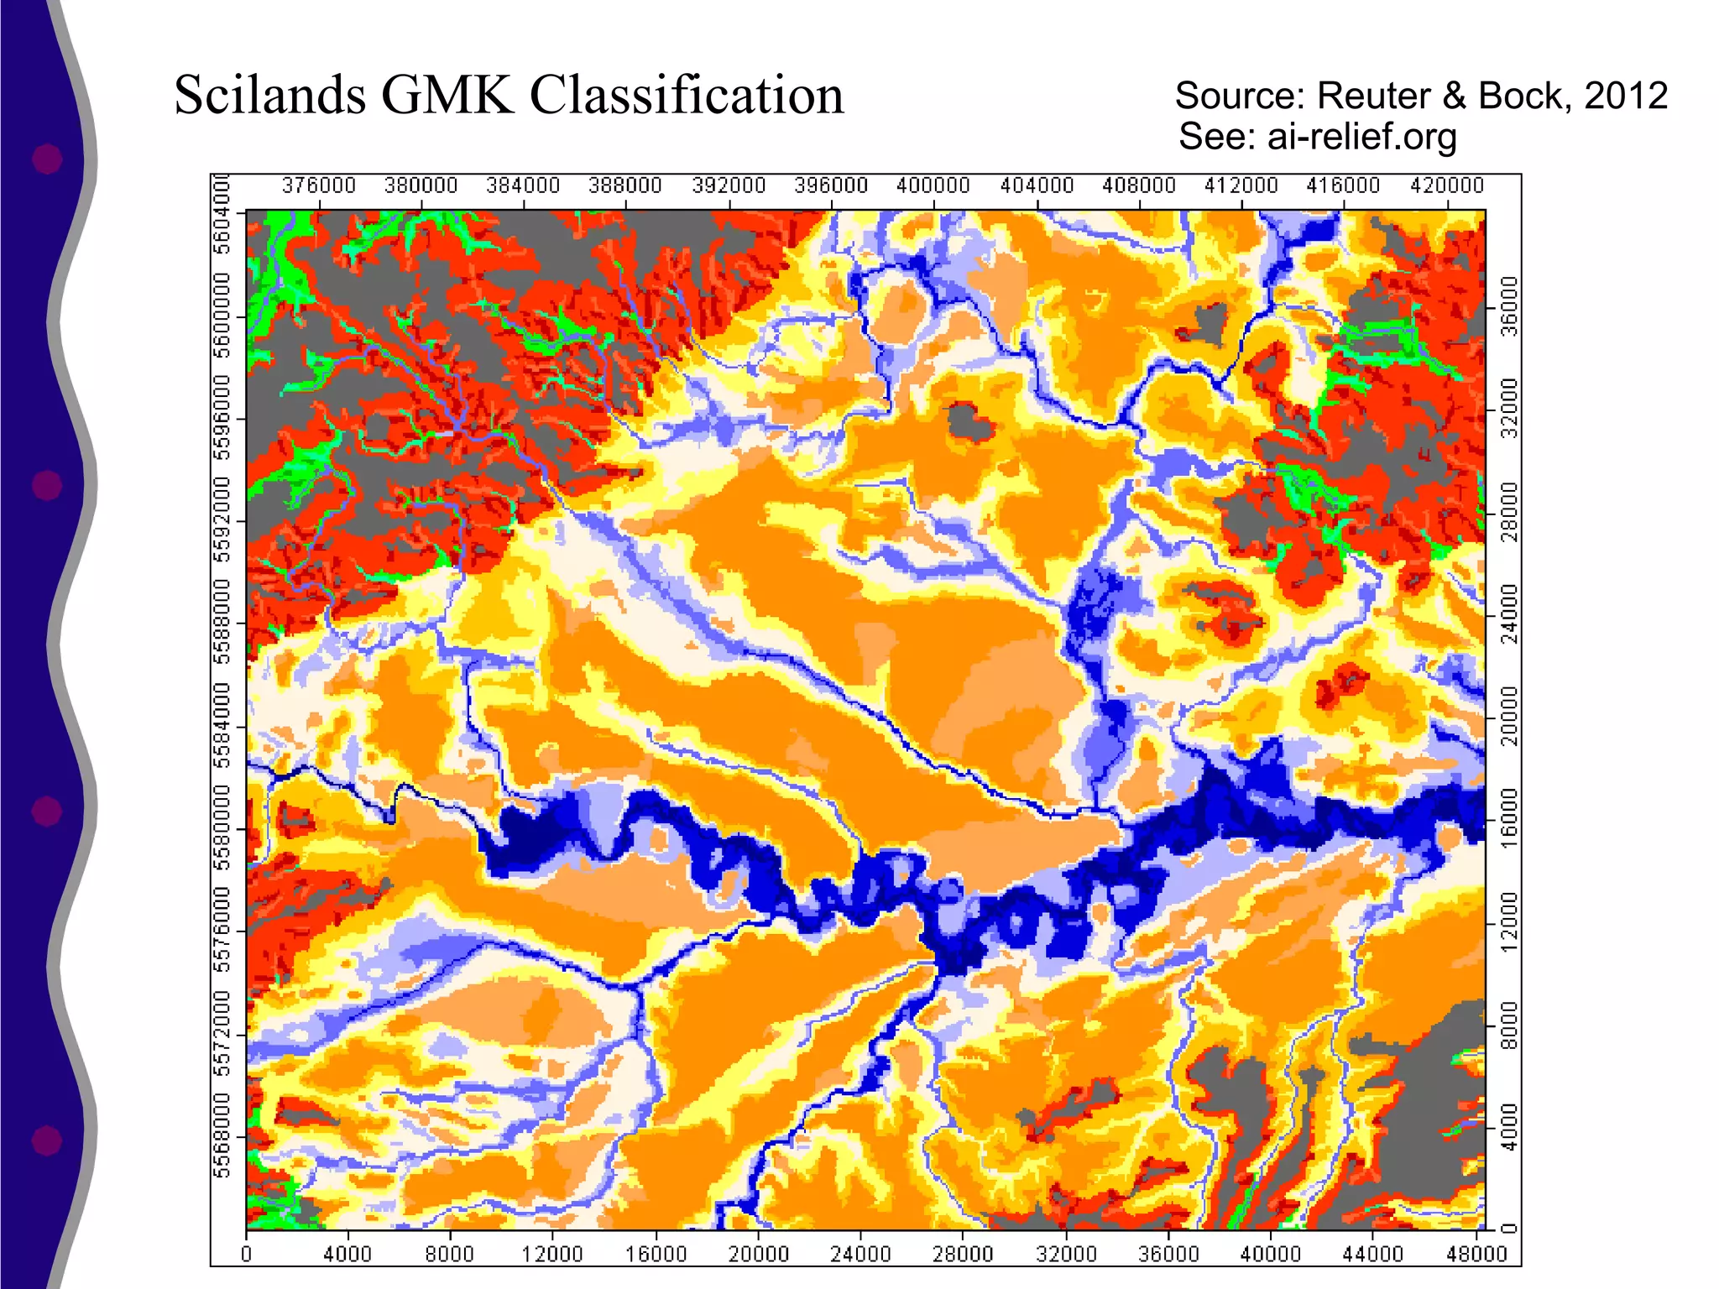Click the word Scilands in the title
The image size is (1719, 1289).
(x=269, y=95)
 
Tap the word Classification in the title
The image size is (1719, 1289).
(x=686, y=95)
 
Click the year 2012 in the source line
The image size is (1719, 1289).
(x=1625, y=96)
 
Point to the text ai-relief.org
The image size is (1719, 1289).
(x=1361, y=136)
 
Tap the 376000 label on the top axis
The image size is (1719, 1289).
(x=319, y=185)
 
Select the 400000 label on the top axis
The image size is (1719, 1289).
(x=933, y=185)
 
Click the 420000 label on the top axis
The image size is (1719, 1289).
(x=1447, y=185)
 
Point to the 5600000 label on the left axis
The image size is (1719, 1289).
(x=222, y=315)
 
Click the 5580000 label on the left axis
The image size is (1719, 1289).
(x=222, y=827)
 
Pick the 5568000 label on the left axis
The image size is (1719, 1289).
(x=222, y=1135)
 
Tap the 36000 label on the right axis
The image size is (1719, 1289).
(x=1510, y=305)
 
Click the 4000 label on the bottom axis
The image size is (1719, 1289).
(x=347, y=1255)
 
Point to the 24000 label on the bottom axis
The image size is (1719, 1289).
(x=859, y=1255)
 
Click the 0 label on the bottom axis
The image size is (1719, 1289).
(x=246, y=1255)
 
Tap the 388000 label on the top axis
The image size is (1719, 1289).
(x=625, y=185)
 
